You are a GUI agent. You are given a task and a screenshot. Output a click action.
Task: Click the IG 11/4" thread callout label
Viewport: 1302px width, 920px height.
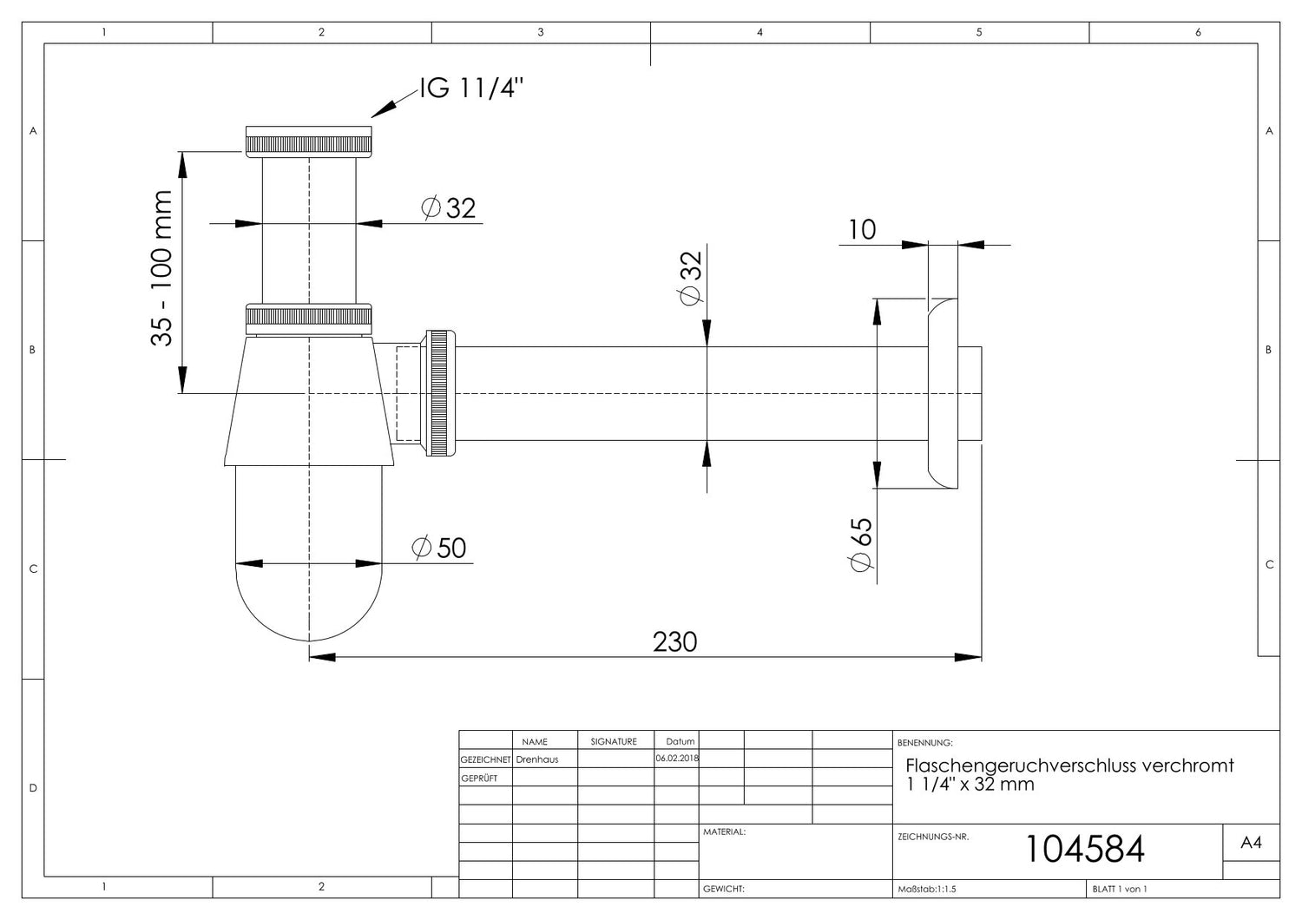point(471,89)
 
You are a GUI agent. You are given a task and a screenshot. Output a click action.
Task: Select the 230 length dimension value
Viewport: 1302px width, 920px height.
point(674,642)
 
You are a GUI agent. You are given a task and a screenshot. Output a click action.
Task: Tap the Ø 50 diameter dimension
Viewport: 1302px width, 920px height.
point(438,548)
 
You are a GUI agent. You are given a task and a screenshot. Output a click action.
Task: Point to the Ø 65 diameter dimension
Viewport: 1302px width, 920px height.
point(861,544)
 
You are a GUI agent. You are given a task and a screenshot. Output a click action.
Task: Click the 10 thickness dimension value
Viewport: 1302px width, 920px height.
point(862,229)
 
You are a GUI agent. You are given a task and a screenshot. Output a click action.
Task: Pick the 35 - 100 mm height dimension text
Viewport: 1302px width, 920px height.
point(161,268)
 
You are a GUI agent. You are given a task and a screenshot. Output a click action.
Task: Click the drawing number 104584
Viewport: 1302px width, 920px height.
point(1085,849)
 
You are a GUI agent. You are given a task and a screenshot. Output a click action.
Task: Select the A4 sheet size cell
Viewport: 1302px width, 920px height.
point(1251,842)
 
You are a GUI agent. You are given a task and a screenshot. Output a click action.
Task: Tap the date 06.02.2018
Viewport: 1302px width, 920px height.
point(677,759)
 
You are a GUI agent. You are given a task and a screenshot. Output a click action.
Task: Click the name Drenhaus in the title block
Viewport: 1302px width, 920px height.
point(537,759)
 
